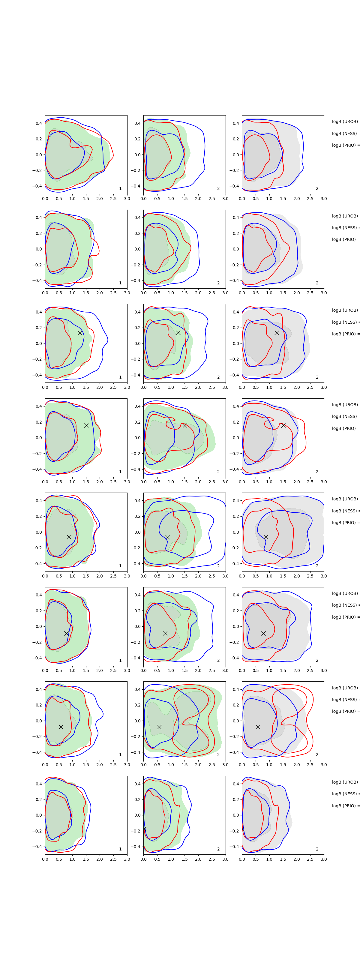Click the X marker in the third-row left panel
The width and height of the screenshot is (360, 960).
pyautogui.click(x=80, y=332)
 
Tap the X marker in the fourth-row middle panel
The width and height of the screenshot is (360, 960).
pyautogui.click(x=185, y=425)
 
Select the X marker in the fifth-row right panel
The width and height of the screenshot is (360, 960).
pyautogui.click(x=266, y=537)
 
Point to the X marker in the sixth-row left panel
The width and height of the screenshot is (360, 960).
pyautogui.click(x=66, y=633)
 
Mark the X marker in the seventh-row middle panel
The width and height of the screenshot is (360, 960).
pyautogui.click(x=159, y=727)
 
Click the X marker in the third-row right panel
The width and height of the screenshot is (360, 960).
pyautogui.click(x=277, y=332)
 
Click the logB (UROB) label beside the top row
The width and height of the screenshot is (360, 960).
pyautogui.click(x=345, y=121)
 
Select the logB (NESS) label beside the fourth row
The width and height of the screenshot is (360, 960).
pyautogui.click(x=345, y=416)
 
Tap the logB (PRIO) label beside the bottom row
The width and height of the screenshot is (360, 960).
pyautogui.click(x=345, y=806)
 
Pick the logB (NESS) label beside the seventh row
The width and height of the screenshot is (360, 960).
pyautogui.click(x=345, y=700)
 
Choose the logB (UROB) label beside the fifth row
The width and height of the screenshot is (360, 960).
pyautogui.click(x=345, y=499)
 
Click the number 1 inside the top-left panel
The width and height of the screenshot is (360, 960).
pyautogui.click(x=120, y=189)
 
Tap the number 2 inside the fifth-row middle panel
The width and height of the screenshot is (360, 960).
pyautogui.click(x=218, y=566)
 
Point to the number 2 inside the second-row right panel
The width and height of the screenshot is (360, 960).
pyautogui.click(x=317, y=283)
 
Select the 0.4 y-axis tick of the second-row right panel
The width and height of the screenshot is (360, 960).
pyautogui.click(x=236, y=217)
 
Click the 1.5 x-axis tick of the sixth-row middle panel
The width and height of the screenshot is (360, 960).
pyautogui.click(x=184, y=670)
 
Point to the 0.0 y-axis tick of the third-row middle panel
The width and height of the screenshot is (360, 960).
pyautogui.click(x=137, y=343)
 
